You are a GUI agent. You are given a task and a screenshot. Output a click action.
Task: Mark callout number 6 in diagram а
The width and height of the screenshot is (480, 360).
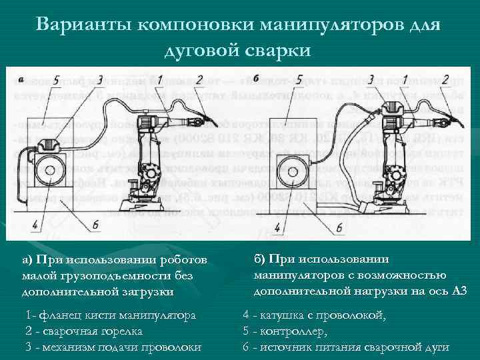point(96,225)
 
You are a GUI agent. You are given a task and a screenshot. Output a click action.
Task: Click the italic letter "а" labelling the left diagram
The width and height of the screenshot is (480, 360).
point(21,79)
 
